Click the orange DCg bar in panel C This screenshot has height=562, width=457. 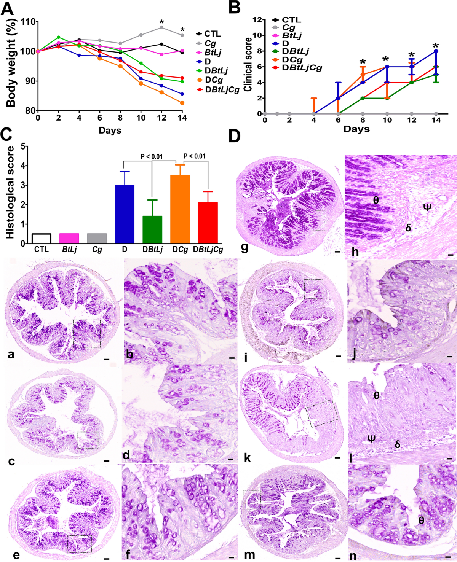pyautogui.click(x=180, y=209)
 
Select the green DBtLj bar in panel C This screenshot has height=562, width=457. pyautogui.click(x=152, y=229)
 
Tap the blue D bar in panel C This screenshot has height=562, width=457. pyautogui.click(x=125, y=214)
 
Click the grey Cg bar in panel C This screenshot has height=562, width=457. pyautogui.click(x=97, y=238)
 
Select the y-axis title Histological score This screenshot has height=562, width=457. pyautogui.click(x=10, y=193)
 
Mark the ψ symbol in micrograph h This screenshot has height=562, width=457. pyautogui.click(x=427, y=207)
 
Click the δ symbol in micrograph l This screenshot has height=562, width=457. pyautogui.click(x=398, y=444)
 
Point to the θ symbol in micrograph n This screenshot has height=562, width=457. pyautogui.click(x=421, y=520)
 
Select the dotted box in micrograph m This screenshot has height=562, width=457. pyautogui.click(x=252, y=500)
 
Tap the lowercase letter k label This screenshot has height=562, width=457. pyautogui.click(x=247, y=458)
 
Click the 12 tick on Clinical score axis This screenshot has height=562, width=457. pyautogui.click(x=259, y=20)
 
